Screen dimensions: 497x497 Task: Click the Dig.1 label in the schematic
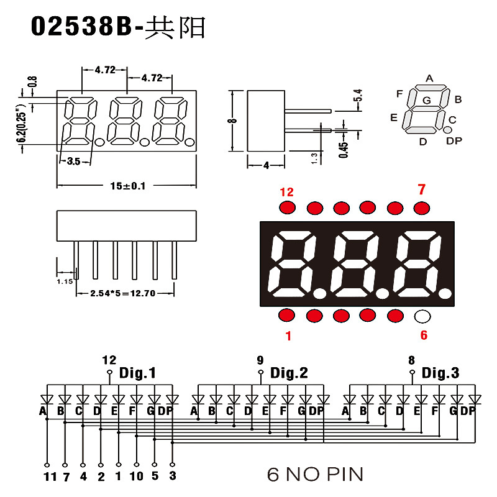(x=137, y=373)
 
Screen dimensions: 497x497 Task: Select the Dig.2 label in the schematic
(x=289, y=373)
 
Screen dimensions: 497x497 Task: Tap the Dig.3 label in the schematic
(x=440, y=373)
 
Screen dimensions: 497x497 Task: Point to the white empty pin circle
(x=422, y=316)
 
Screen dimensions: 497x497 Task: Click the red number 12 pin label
(x=286, y=192)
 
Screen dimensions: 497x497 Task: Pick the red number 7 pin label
(x=422, y=189)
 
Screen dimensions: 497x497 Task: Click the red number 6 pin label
(x=424, y=335)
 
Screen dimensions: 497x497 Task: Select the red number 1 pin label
(x=288, y=336)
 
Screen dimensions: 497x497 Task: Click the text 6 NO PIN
(x=315, y=475)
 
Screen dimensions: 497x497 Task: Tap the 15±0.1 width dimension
(x=127, y=185)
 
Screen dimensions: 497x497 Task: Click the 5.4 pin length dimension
(x=358, y=96)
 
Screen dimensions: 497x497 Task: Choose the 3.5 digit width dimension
(x=73, y=162)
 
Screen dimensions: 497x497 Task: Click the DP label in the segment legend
(x=454, y=141)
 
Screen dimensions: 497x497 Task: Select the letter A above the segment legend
(x=429, y=78)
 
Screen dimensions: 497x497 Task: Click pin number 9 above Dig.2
(x=260, y=360)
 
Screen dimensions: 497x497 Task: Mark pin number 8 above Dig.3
(x=411, y=360)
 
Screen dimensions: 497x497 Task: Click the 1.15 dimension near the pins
(x=65, y=281)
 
